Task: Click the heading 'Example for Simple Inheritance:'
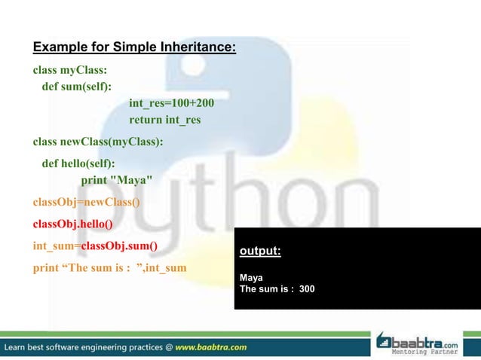(x=134, y=50)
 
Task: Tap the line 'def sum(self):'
(x=76, y=87)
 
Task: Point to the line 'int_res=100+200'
(x=166, y=103)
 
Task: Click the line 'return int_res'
(x=164, y=120)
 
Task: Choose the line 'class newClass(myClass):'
(x=98, y=141)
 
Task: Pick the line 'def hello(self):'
(x=78, y=162)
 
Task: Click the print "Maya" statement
(x=117, y=179)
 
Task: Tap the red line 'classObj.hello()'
(x=72, y=224)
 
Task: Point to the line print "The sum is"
(x=109, y=267)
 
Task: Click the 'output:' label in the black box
(x=259, y=251)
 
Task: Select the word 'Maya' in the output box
(x=251, y=277)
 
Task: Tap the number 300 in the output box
(x=307, y=288)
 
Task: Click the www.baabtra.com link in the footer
(x=211, y=347)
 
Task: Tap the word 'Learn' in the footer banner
(x=18, y=347)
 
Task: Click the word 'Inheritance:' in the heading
(x=196, y=50)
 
